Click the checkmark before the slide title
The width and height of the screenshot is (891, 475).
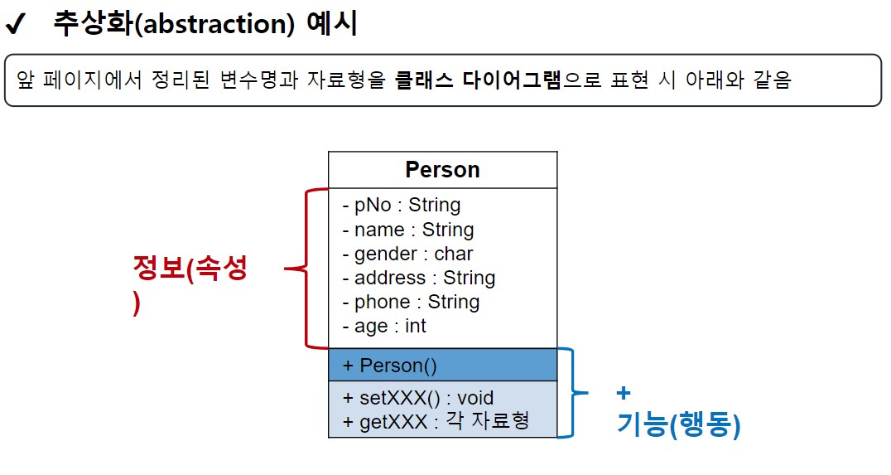tap(16, 25)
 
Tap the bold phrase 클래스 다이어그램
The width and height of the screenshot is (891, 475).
tap(477, 80)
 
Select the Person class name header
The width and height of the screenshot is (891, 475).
tap(443, 169)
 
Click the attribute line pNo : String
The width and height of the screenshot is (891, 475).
tap(401, 205)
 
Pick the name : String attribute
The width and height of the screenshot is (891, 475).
tap(408, 230)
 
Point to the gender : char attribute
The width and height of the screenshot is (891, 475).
tap(407, 254)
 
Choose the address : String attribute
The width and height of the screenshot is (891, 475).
tap(419, 278)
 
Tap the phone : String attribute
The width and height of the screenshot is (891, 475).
tap(411, 302)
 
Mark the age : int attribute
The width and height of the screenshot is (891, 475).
tap(384, 326)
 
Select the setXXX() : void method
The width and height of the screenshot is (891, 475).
tap(418, 398)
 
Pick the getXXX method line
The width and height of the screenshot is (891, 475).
tap(436, 421)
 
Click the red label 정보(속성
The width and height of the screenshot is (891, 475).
tap(190, 268)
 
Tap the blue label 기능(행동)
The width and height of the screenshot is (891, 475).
tap(679, 425)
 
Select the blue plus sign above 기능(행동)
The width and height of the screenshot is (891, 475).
tap(624, 393)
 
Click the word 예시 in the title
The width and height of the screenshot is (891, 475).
tap(332, 24)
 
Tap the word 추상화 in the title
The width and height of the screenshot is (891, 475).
tap(94, 24)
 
